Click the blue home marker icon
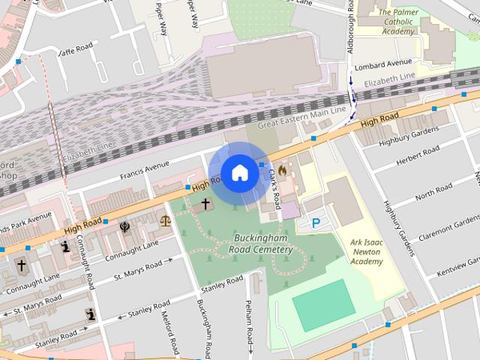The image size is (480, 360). tap(239, 172)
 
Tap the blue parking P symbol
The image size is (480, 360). tap(315, 223)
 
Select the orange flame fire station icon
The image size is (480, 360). tap(283, 171)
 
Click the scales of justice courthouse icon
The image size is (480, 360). tap(165, 220)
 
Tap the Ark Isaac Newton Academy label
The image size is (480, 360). tap(355, 252)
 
